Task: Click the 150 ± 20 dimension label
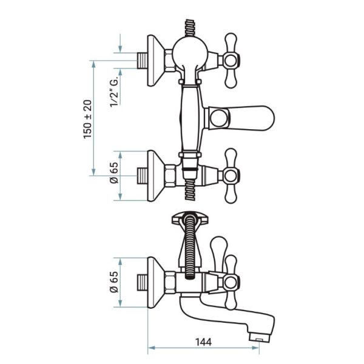pos(87,120)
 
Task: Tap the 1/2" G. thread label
pos(114,92)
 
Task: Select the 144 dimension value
pos(203,342)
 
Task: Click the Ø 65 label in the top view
pos(114,173)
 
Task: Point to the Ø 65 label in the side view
pos(114,282)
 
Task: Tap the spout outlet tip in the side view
pos(260,337)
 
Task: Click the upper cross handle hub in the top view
pos(231,61)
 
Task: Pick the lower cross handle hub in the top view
pos(231,175)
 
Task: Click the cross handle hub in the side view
pos(231,283)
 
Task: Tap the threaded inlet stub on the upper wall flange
pos(142,61)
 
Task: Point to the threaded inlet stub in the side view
pos(142,283)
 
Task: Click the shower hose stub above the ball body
pos(190,27)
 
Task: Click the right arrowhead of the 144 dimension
pos(256,348)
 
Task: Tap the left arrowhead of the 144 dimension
pos(151,348)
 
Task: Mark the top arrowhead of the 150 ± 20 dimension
pos(93,64)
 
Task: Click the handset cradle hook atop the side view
pos(190,217)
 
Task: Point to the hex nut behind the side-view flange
pos(170,283)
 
